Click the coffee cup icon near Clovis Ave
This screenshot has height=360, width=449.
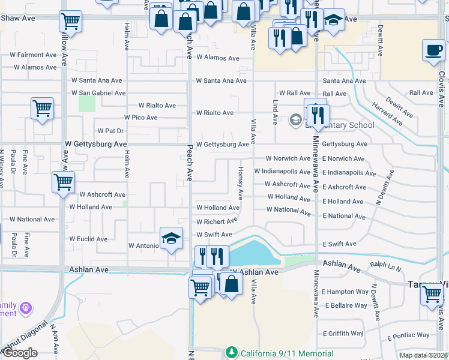(x=433, y=50)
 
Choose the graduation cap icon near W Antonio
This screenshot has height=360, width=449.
(x=171, y=238)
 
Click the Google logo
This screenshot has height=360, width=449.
(x=20, y=353)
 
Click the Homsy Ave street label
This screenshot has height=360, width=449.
(x=240, y=183)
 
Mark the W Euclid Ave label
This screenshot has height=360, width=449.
(x=88, y=239)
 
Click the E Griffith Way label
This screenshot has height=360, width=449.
(x=343, y=334)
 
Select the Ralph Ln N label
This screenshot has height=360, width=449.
(x=385, y=264)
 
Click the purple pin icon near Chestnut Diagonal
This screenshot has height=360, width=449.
(x=25, y=308)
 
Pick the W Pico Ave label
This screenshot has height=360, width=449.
(x=140, y=118)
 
